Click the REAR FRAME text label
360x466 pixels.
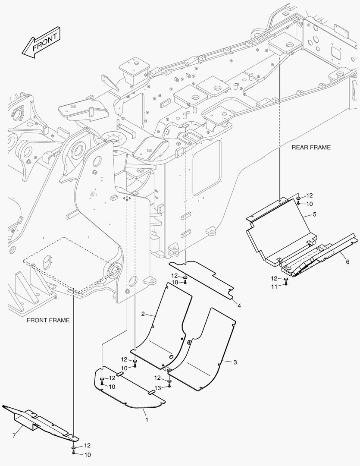click(x=311, y=148)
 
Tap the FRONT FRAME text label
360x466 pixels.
click(x=48, y=320)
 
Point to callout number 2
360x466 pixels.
click(x=143, y=314)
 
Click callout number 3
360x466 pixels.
click(x=235, y=362)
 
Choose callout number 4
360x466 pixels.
click(x=238, y=305)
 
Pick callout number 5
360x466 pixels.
click(x=314, y=214)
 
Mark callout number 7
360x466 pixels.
click(x=14, y=436)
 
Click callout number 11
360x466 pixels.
click(x=274, y=287)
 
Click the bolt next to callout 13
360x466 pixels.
click(x=169, y=386)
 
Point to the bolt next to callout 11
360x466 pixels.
click(x=285, y=286)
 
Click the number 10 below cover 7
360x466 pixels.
click(x=87, y=455)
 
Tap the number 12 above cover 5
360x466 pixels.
click(x=310, y=195)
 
